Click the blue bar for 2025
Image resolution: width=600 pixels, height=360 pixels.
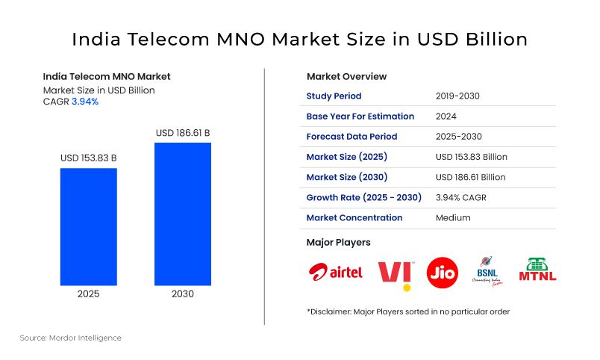coord(88,226)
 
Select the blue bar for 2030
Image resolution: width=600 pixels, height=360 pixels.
coord(182,214)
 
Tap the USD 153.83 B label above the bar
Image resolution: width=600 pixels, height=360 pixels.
coord(88,158)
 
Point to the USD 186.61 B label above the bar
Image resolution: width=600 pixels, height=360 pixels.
coord(182,133)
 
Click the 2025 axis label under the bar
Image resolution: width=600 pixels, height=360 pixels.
coord(89,294)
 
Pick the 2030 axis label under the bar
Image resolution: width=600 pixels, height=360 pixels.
coord(182,294)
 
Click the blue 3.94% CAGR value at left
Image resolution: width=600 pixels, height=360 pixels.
coord(84,102)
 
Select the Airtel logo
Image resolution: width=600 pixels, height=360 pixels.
coord(335,272)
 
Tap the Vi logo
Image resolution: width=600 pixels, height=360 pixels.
coord(395,273)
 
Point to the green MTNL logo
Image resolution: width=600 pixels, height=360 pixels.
coord(537,270)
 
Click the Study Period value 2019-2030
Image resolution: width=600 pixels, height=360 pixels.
coord(457,96)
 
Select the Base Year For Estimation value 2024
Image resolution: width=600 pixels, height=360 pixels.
coord(446,117)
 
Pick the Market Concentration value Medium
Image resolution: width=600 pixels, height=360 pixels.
coord(453,218)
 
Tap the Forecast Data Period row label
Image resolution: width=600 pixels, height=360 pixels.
coord(351,137)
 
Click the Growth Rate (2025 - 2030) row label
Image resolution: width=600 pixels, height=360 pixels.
coord(363,198)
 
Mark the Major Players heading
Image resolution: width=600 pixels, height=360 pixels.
coord(338,243)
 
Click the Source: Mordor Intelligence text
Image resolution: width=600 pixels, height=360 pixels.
coord(70,338)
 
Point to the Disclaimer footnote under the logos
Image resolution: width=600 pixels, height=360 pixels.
coord(408,311)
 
